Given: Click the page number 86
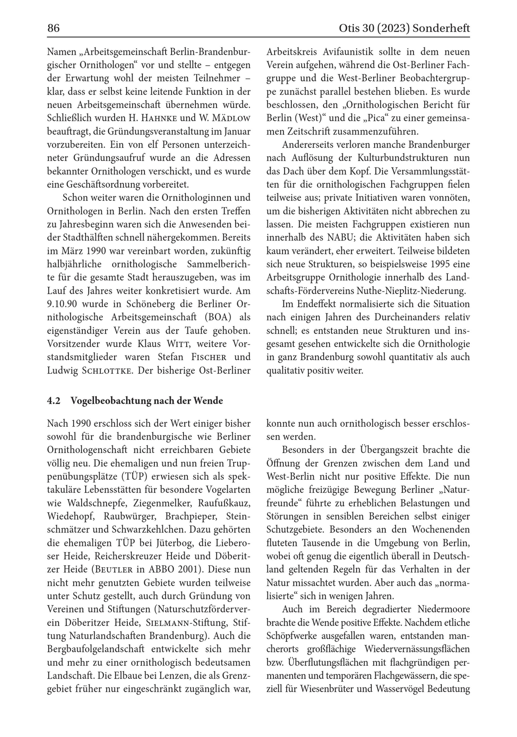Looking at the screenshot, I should click(54, 28).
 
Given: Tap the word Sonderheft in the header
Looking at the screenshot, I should click(441, 28).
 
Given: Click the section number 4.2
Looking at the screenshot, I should click(54, 401).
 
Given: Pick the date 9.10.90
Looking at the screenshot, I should click(62, 304).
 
